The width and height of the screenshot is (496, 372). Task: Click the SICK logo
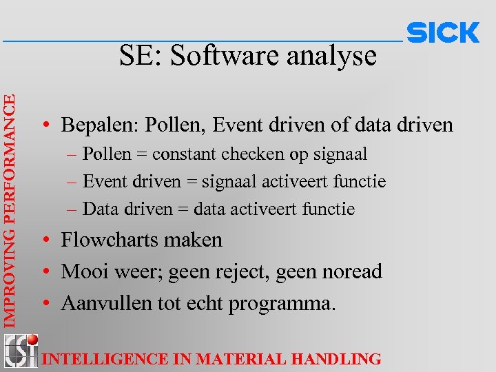[x=443, y=32]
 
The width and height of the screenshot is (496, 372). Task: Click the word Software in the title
[x=218, y=56]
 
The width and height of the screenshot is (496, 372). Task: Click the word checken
[x=254, y=154]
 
